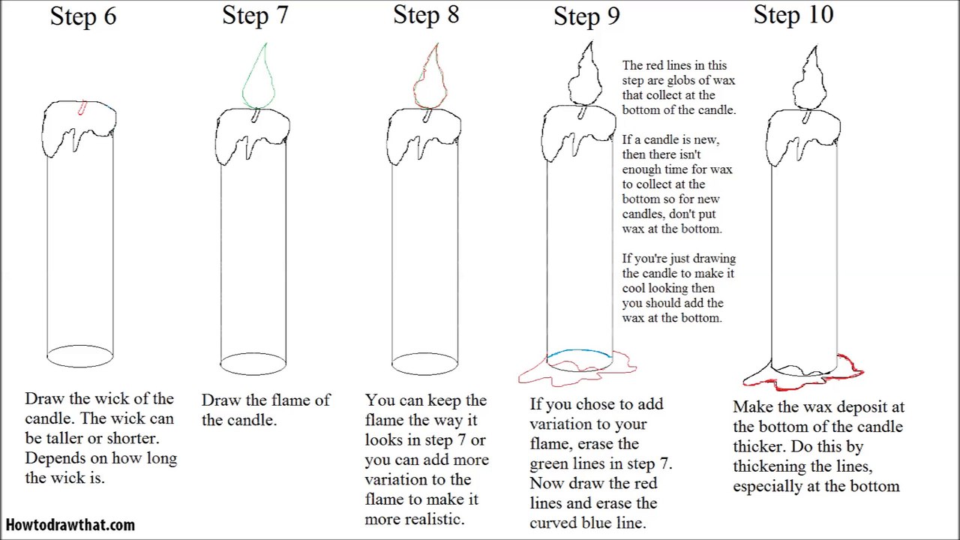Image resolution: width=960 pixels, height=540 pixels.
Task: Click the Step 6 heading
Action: [x=83, y=16]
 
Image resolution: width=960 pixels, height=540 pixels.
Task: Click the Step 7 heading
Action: [x=255, y=15]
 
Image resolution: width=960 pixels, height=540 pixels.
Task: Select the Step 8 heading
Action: [x=426, y=15]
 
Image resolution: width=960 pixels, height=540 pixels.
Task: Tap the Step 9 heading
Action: [x=586, y=16]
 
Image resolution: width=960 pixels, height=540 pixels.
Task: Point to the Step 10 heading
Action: [x=793, y=15]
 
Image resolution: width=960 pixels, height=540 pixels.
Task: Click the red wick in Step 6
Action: [x=82, y=108]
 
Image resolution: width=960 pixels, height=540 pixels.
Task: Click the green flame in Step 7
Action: [x=259, y=79]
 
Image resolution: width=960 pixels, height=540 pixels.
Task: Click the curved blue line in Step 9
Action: [x=579, y=351]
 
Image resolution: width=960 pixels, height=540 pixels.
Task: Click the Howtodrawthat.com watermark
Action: [x=70, y=525]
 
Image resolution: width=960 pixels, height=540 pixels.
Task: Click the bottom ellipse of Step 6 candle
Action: [x=80, y=356]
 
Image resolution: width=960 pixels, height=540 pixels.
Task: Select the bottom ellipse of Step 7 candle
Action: [x=253, y=364]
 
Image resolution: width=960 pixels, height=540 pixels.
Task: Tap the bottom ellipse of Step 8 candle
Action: [x=424, y=364]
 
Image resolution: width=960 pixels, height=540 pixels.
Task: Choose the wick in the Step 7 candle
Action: [x=256, y=115]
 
